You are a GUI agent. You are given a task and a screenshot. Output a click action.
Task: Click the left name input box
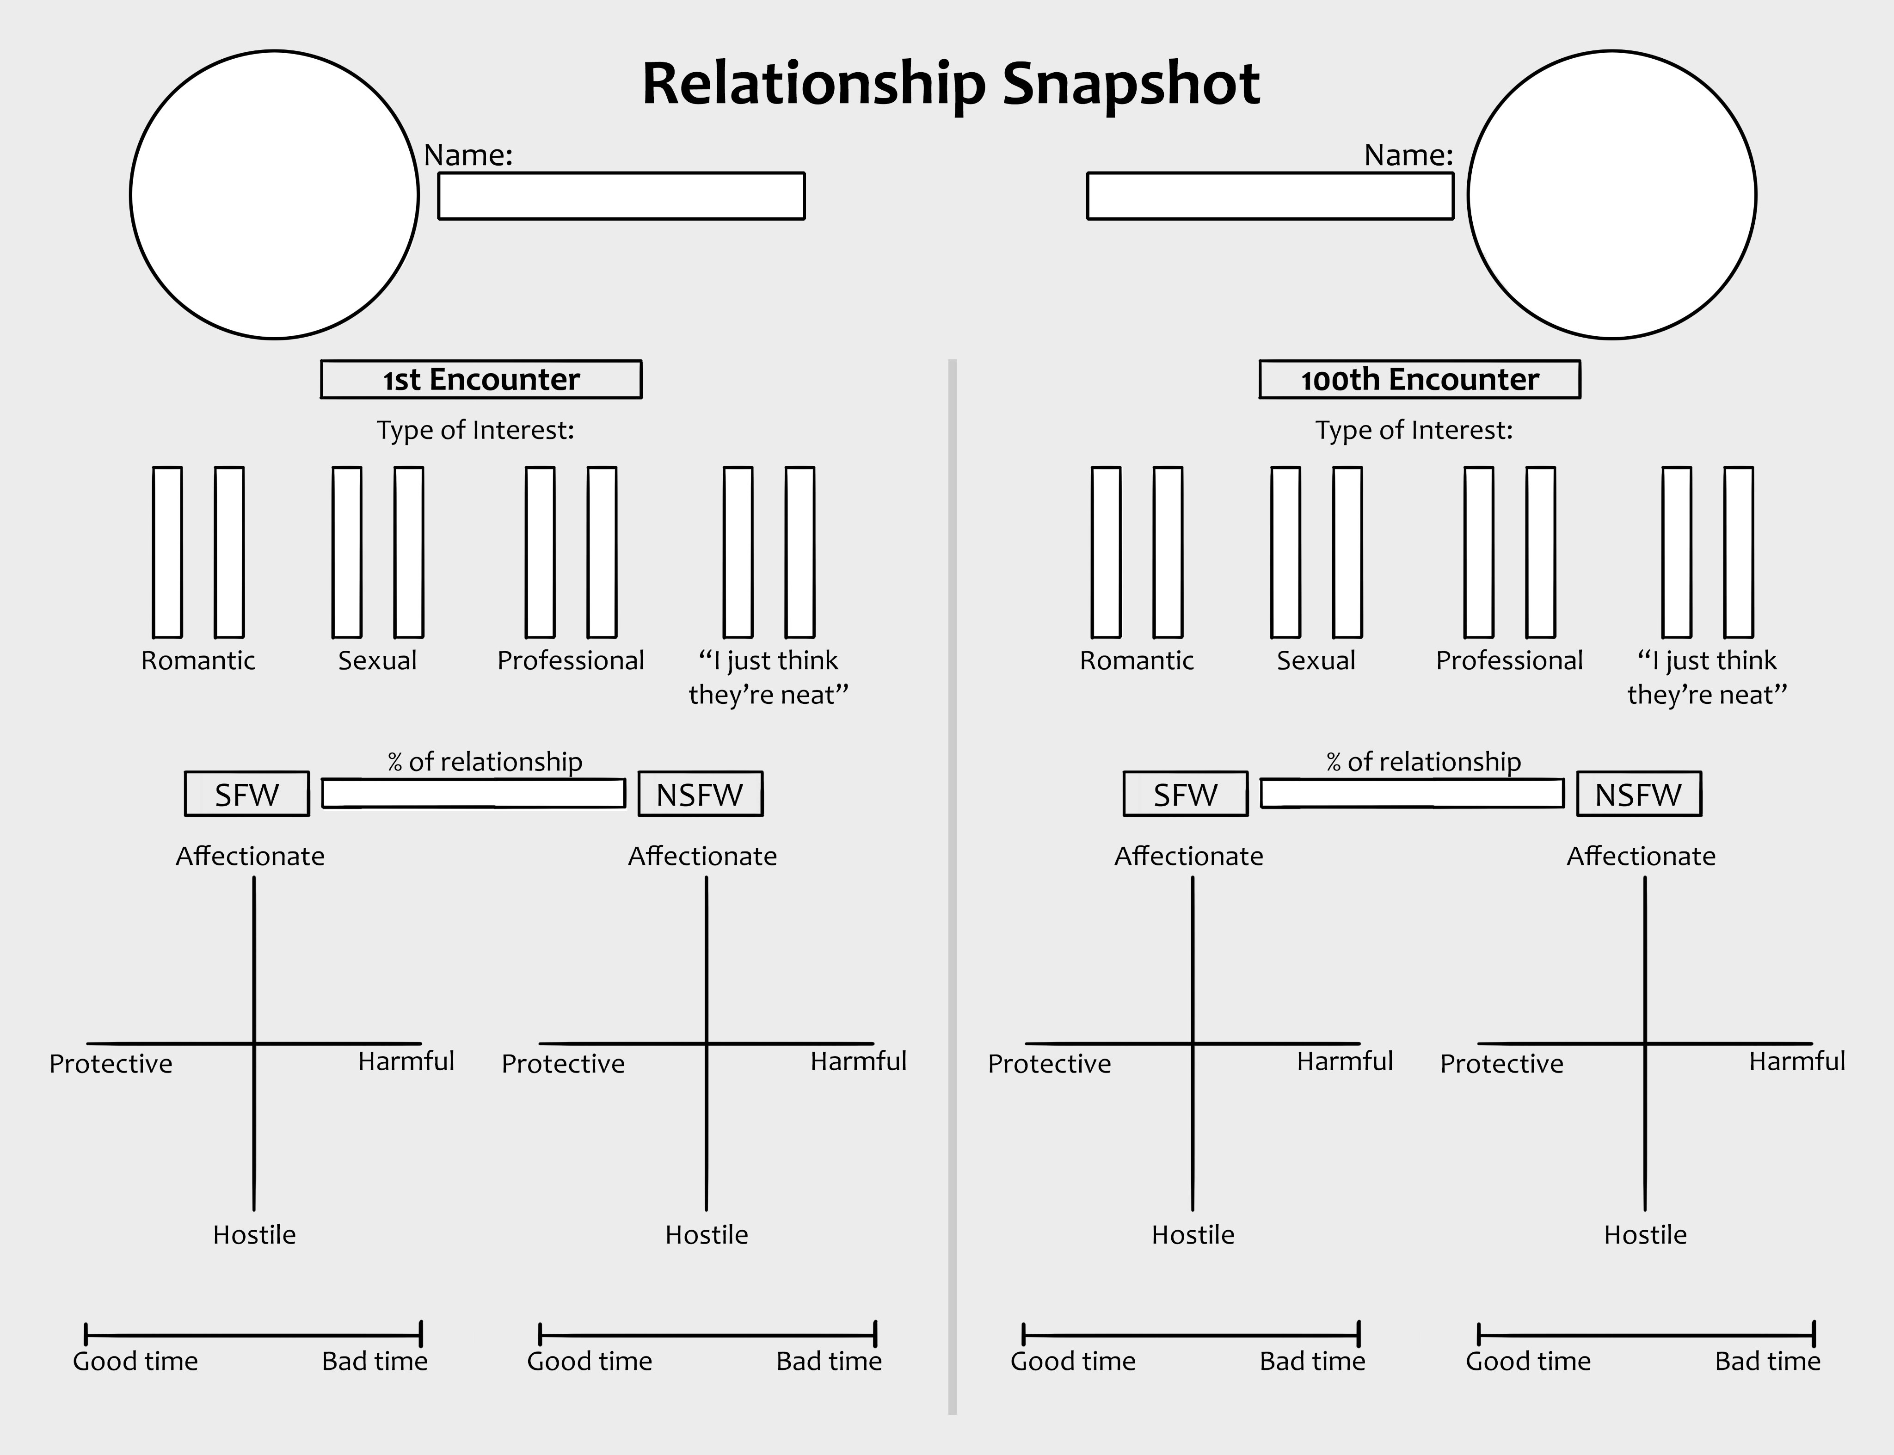pyautogui.click(x=621, y=196)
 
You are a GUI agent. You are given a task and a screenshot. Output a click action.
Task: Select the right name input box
pyautogui.click(x=1270, y=196)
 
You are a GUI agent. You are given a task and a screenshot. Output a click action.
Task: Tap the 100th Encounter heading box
pyautogui.click(x=1420, y=379)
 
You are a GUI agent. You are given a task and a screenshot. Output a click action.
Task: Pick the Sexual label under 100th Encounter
pyautogui.click(x=1316, y=661)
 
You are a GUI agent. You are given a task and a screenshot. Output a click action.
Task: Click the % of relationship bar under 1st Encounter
pyautogui.click(x=473, y=793)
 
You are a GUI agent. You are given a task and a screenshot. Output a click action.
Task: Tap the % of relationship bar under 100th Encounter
pyautogui.click(x=1412, y=793)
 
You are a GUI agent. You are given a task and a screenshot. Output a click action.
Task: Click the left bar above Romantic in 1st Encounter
pyautogui.click(x=167, y=552)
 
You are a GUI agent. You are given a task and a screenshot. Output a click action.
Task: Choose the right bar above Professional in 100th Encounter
pyautogui.click(x=1540, y=552)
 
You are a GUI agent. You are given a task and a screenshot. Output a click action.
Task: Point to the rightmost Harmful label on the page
pyautogui.click(x=1797, y=1061)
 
